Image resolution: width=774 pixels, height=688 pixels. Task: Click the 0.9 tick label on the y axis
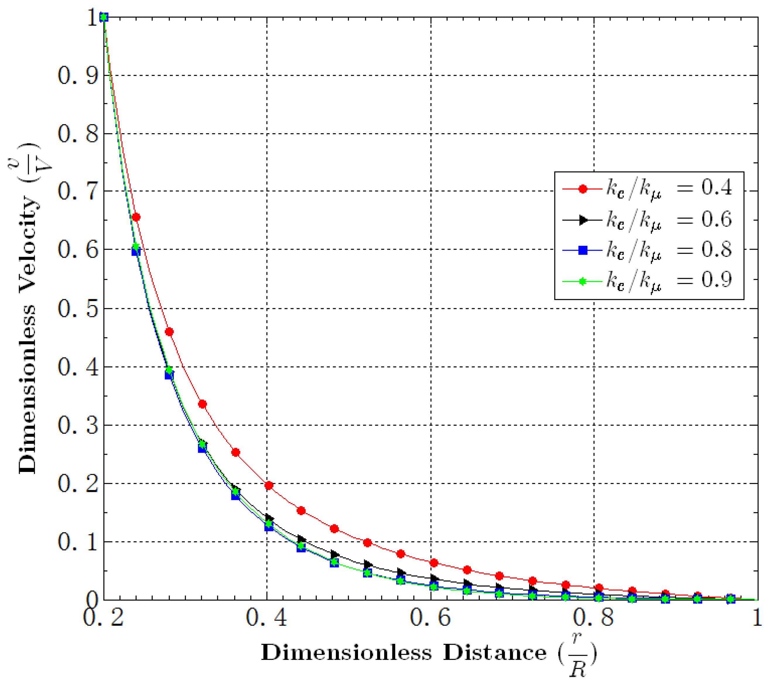pyautogui.click(x=77, y=76)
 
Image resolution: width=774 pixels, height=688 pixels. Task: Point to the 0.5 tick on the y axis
pyautogui.click(x=77, y=309)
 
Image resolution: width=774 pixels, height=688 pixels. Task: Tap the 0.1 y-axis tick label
pyautogui.click(x=77, y=542)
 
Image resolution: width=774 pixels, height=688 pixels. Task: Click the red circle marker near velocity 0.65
pyautogui.click(x=136, y=217)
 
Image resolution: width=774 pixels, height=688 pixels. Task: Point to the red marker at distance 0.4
pyautogui.click(x=269, y=485)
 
